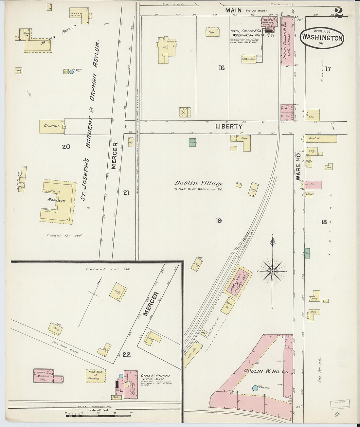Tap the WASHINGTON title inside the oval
tap(322, 38)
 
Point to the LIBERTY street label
tap(229, 126)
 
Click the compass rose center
tap(272, 271)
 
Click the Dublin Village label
tap(199, 184)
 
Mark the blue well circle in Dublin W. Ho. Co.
tap(255, 388)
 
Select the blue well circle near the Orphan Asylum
tap(72, 71)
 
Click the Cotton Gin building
tap(248, 59)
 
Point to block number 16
tap(222, 68)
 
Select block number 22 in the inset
tap(126, 354)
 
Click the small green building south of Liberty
tap(192, 142)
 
